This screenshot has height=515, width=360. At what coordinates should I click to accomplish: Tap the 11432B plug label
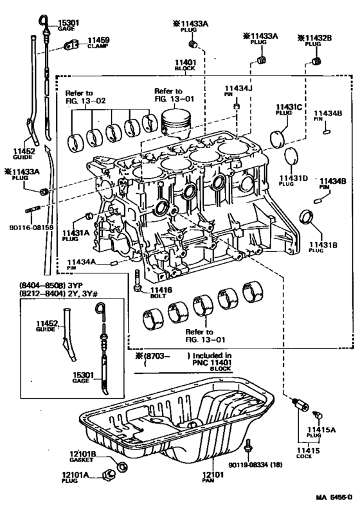[x=315, y=38]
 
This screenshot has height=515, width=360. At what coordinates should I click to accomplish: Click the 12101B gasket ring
[x=120, y=465]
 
